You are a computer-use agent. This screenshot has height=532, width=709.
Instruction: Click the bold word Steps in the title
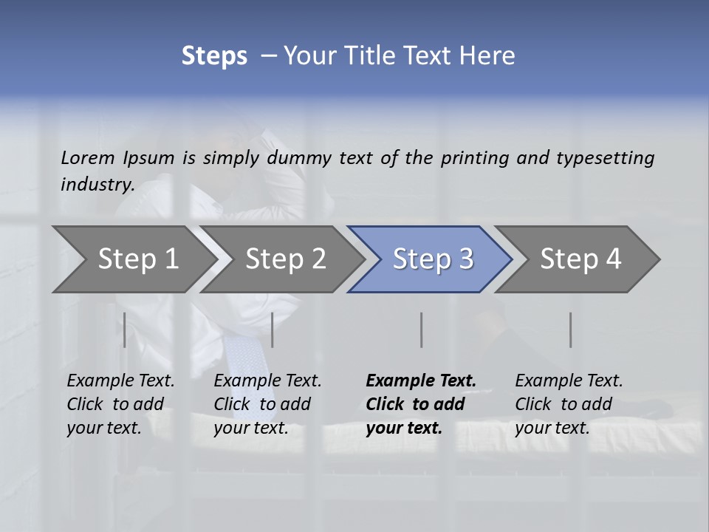pos(214,56)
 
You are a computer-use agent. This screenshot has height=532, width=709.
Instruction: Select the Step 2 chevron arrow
pos(285,259)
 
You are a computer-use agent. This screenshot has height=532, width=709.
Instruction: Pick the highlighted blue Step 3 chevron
pos(433,259)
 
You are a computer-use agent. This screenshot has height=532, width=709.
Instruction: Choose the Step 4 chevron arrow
pos(580,259)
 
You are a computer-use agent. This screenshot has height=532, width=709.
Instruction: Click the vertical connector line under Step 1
pos(125,330)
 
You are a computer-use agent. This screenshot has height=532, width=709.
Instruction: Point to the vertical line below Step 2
pos(273,330)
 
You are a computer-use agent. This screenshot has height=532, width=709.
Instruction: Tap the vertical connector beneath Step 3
pos(421,330)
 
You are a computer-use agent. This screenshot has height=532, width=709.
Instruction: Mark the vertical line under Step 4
pos(570,330)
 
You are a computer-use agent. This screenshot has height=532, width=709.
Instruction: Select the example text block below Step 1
pos(120,403)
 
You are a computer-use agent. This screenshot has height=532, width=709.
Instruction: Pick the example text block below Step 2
pos(267,403)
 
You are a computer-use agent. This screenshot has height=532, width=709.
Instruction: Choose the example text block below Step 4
pos(569,403)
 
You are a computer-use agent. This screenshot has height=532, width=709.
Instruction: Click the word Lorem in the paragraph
pos(89,157)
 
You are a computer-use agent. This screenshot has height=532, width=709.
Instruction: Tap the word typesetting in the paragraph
pos(606,158)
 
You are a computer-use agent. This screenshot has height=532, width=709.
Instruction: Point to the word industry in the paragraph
pos(97,184)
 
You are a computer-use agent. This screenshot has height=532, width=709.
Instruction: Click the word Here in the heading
pos(487,56)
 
